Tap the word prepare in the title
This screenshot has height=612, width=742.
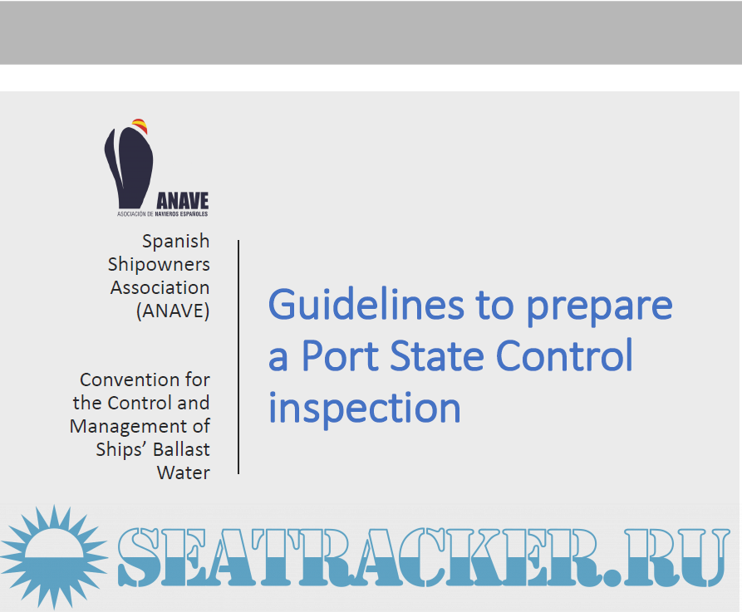point(599,307)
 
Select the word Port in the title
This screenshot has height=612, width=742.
point(340,355)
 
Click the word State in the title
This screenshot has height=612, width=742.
point(437,355)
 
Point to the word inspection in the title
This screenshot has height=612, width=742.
point(365,409)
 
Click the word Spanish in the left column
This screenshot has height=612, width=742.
point(176,242)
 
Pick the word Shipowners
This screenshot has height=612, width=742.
point(159,265)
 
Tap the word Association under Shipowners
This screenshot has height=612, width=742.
point(160,287)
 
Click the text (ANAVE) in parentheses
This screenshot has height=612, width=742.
point(173,311)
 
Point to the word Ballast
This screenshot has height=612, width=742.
point(181,449)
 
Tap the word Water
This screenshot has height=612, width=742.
point(184,473)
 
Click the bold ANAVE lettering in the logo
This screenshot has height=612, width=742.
point(183,201)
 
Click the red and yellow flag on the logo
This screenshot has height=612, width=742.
point(140,126)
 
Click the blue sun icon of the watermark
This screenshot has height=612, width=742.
point(54,556)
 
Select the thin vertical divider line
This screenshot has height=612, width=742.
point(238,357)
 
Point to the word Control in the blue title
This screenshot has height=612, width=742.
point(564,355)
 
